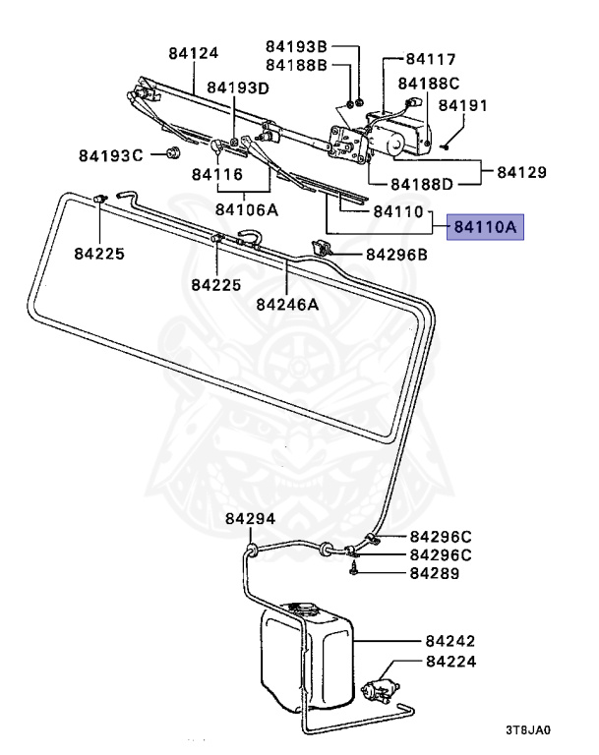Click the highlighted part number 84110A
click(x=485, y=228)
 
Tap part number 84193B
click(x=295, y=46)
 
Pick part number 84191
click(x=460, y=104)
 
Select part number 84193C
click(x=111, y=154)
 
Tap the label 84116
click(x=216, y=174)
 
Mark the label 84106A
click(x=246, y=209)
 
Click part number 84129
click(x=520, y=172)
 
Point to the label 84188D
click(x=422, y=183)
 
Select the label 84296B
click(x=396, y=255)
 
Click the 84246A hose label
click(x=287, y=304)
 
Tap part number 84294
click(x=249, y=519)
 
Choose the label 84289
click(x=434, y=572)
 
